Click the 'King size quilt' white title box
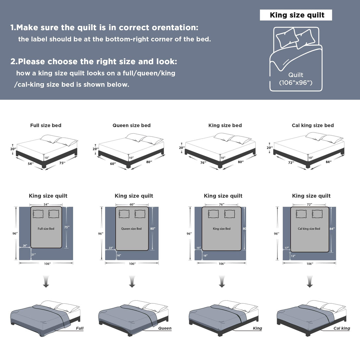coord(296,15)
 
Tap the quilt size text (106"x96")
coord(296,83)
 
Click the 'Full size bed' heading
coord(46,126)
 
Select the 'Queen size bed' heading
coord(131,126)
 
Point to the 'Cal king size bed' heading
coord(313,126)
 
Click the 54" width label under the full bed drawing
coord(31,164)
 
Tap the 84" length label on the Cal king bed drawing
coord(329,162)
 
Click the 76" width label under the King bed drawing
coord(203,162)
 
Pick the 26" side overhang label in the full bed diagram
coord(25,246)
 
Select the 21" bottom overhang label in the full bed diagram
coord(33,255)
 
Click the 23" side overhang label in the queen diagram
coord(111,248)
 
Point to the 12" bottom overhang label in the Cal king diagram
coord(293,256)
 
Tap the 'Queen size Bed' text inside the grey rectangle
coord(131,229)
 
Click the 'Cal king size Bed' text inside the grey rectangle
coord(309,229)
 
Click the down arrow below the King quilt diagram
coord(222,282)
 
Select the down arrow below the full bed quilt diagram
coord(46,282)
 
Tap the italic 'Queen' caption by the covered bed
coord(165,328)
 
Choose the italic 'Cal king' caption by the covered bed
coord(342,328)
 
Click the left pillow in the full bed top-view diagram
coord(38,214)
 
